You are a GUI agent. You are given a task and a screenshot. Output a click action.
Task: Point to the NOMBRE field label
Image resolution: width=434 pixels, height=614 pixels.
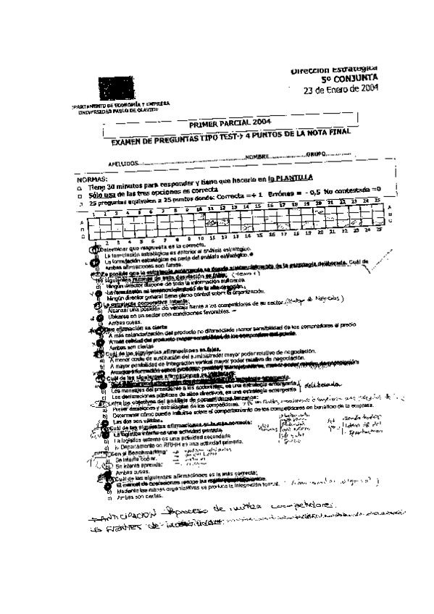[257, 157]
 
